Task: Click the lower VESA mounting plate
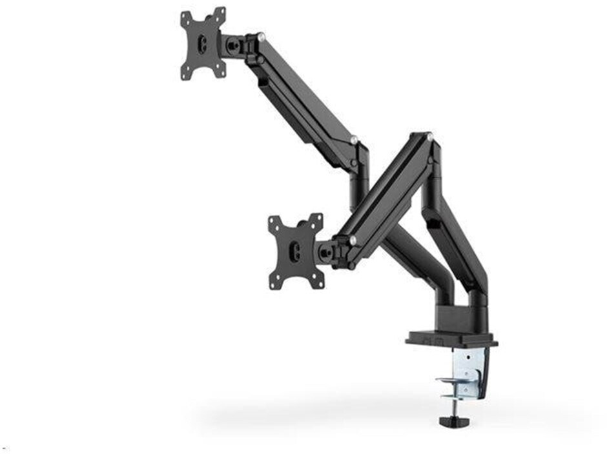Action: pyautogui.click(x=296, y=250)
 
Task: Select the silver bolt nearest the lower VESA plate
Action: pyautogui.click(x=353, y=240)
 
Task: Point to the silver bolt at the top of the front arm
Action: pyautogui.click(x=429, y=136)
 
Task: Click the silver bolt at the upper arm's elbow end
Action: pyautogui.click(x=353, y=139)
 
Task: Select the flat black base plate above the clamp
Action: pyautogui.click(x=451, y=339)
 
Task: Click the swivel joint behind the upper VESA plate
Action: pyautogui.click(x=236, y=44)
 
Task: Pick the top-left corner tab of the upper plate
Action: pyautogui.click(x=185, y=15)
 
